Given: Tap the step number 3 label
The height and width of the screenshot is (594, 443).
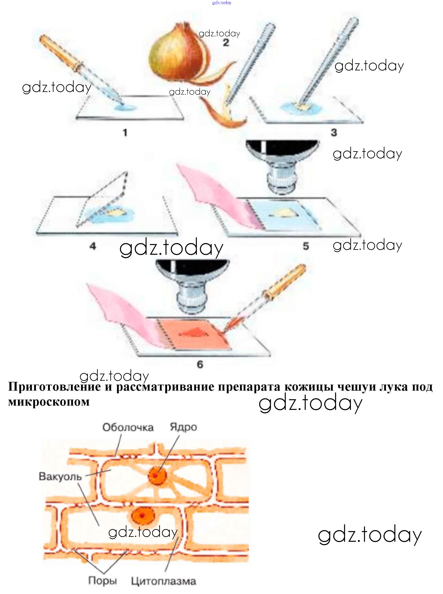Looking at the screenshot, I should click(x=334, y=132).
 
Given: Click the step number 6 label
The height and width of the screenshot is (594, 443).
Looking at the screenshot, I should click(x=200, y=364).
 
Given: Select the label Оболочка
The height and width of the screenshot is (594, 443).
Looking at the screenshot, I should click(x=128, y=427).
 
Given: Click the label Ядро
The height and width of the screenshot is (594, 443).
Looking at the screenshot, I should click(x=184, y=427).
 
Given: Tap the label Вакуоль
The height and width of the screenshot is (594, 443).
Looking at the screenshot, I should click(x=60, y=477).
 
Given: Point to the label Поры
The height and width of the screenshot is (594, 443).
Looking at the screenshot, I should click(x=102, y=581).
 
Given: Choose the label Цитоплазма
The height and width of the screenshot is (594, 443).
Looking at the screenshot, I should click(x=164, y=581).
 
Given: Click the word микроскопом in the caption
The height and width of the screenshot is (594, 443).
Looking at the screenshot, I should click(x=49, y=402).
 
